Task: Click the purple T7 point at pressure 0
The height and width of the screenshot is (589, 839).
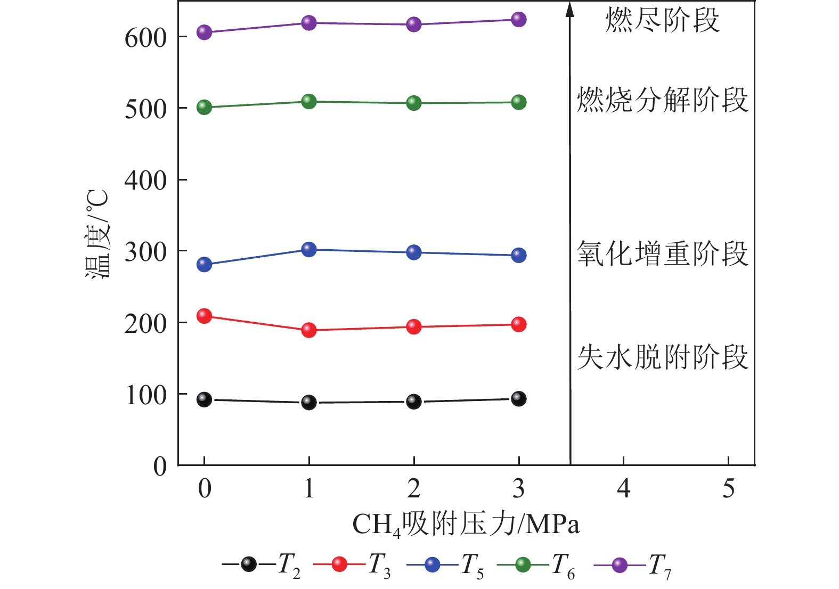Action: [204, 32]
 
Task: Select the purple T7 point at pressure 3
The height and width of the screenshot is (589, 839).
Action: [518, 20]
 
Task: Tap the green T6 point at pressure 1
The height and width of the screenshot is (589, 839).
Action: [309, 101]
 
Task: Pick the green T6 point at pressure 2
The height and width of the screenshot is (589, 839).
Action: [414, 103]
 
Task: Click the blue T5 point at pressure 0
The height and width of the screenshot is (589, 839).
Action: [204, 264]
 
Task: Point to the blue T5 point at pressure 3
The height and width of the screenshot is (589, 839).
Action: [518, 255]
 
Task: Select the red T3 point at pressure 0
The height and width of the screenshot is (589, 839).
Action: [204, 316]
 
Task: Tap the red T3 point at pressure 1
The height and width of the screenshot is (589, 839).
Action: [309, 330]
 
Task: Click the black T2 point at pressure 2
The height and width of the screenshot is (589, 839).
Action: [414, 402]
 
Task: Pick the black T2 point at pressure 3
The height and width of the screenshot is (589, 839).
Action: [518, 398]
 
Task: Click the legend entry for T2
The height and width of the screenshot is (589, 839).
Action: [261, 565]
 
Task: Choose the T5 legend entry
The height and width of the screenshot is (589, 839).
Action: [445, 565]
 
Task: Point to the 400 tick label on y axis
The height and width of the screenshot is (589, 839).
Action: [145, 181]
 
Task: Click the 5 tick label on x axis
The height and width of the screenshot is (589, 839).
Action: [728, 488]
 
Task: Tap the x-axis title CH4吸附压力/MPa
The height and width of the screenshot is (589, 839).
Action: [466, 525]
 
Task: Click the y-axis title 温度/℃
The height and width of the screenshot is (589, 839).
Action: [98, 234]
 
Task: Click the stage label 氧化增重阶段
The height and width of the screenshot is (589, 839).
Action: [662, 253]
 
